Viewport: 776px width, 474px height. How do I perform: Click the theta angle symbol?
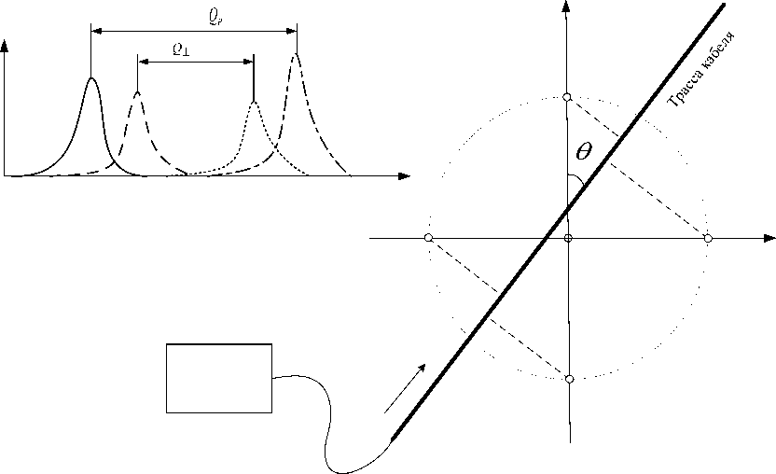(x=583, y=150)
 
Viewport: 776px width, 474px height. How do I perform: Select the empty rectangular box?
(x=219, y=378)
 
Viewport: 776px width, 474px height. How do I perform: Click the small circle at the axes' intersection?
(x=568, y=239)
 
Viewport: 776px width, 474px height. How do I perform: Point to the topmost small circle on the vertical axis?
(x=567, y=98)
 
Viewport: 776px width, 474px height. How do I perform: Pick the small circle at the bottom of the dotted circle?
(x=569, y=379)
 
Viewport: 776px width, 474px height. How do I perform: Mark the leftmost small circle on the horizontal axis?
(x=428, y=239)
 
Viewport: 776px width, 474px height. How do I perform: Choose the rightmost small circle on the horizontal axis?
(x=708, y=239)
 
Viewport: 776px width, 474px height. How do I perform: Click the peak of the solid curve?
(x=91, y=78)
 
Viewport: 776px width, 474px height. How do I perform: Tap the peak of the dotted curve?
(x=254, y=101)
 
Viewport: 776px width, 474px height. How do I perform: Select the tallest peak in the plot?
(x=297, y=54)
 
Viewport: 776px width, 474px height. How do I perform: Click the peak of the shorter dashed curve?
(x=138, y=91)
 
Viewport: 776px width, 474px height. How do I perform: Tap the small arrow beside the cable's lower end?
(x=407, y=387)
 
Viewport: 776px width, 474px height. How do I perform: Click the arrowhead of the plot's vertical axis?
(x=7, y=45)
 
